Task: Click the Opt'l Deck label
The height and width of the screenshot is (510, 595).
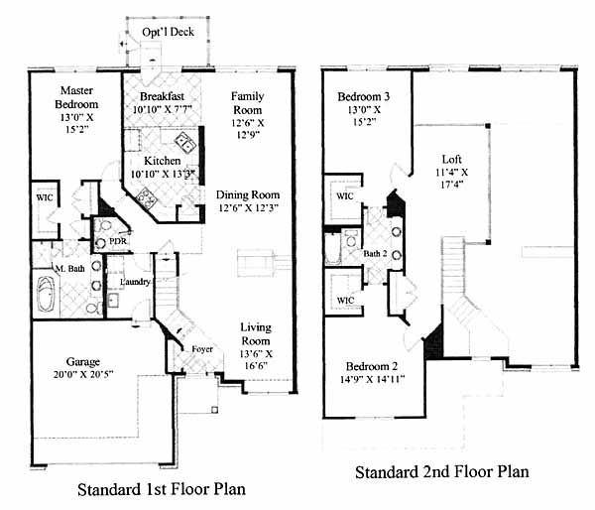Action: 169,32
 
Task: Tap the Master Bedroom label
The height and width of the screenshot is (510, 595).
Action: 76,97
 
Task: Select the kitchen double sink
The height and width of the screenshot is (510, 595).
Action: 185,141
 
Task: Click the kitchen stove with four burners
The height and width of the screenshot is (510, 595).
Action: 147,197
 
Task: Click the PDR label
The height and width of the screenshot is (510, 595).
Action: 118,241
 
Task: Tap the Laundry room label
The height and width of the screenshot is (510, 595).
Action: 135,282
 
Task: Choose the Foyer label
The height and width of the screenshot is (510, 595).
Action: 202,349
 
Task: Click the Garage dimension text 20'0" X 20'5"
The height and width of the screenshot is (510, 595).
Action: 83,374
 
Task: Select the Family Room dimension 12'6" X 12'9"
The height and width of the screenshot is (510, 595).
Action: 248,129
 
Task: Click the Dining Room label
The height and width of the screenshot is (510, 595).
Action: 248,194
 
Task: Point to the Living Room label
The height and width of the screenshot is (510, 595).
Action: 256,333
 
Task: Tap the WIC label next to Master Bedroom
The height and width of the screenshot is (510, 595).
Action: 45,197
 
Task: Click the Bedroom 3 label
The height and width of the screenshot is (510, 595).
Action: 364,96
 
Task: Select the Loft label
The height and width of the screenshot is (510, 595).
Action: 452,159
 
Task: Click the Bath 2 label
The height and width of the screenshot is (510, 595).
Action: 375,253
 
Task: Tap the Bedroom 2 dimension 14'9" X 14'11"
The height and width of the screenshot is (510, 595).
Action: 372,379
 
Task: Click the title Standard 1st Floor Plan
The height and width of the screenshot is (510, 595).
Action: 162,489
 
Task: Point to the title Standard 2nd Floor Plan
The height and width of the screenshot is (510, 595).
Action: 442,472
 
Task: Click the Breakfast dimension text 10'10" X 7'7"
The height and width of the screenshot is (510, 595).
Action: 163,109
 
